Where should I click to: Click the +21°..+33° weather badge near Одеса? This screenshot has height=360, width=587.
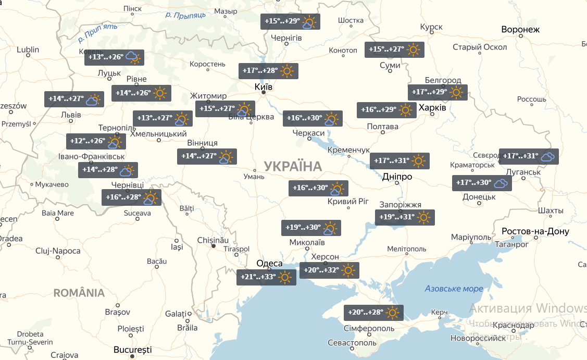266,277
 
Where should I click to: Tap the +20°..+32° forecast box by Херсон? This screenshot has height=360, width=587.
329,270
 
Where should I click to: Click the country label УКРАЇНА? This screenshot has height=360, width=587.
293,166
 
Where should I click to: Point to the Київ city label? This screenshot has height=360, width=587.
264,86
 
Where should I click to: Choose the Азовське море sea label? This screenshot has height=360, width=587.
454,289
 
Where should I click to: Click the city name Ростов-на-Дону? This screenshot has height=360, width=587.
535,231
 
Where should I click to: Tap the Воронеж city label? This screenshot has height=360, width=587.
520,30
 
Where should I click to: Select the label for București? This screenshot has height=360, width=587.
134,349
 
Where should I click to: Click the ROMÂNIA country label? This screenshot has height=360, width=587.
79,293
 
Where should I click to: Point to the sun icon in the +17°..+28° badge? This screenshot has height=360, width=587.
287,71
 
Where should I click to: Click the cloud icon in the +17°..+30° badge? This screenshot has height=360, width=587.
501,183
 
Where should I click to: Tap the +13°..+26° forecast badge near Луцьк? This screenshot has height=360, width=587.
114,57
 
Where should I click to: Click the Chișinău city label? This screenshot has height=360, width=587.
213,240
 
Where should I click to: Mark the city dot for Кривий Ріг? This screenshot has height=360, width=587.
348,208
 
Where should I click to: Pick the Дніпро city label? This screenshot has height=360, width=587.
397,177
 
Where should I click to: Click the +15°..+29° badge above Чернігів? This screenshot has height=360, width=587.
290,21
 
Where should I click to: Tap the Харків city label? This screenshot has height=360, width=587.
432,107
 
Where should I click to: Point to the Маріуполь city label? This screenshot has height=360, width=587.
471,237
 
